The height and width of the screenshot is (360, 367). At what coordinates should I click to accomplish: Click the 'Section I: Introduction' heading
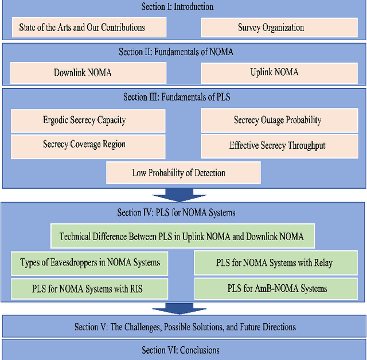tap(177, 7)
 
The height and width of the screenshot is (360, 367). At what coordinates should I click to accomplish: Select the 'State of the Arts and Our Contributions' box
tap(89, 27)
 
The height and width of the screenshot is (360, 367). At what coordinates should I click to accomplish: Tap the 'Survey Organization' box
tap(271, 27)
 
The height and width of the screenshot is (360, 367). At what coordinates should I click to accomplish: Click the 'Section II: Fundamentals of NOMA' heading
tap(176, 52)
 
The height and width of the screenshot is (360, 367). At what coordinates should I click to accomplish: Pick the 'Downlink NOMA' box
tap(89, 73)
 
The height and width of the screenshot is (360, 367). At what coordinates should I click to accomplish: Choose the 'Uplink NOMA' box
tap(274, 73)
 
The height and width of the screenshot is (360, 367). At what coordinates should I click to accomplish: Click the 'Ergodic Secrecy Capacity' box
tap(88, 121)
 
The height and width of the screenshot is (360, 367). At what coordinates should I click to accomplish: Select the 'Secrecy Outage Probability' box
tap(277, 121)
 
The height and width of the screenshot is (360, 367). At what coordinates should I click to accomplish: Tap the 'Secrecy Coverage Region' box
tap(88, 145)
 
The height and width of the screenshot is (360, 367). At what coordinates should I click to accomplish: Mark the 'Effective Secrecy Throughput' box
tap(277, 146)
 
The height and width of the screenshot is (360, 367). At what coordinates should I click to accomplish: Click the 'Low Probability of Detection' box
tap(183, 172)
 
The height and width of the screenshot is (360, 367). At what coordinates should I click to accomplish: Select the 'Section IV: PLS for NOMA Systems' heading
tap(176, 212)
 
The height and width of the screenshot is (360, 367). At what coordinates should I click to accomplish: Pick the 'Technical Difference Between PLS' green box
tap(181, 236)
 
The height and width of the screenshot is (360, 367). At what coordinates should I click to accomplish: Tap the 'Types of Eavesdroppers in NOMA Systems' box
tap(90, 263)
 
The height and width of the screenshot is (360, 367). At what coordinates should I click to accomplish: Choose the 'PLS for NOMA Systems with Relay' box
tap(274, 263)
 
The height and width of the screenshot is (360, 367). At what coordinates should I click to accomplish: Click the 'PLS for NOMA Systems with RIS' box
tap(90, 288)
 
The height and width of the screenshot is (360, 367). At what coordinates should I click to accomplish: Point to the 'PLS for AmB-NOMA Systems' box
tap(274, 288)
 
